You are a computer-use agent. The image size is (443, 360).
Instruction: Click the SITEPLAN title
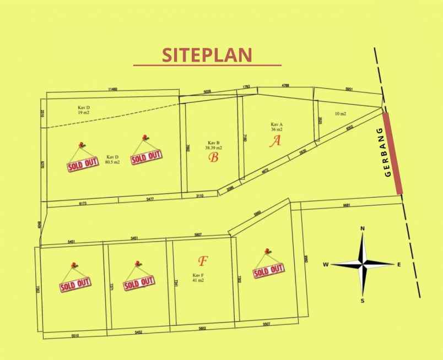[207, 54]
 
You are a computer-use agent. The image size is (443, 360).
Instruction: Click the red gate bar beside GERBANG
[393, 153]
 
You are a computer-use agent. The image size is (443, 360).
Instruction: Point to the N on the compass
[363, 228]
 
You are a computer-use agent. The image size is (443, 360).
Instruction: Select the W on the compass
[326, 265]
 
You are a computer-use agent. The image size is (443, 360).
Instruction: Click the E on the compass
[399, 265]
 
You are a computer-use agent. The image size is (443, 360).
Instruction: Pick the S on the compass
[363, 301]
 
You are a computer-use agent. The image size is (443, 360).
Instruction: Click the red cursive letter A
[275, 141]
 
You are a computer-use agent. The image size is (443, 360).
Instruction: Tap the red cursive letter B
[214, 158]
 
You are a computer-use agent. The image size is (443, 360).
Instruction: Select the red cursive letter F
[202, 260]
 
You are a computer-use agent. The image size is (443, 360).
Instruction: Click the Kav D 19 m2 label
[84, 110]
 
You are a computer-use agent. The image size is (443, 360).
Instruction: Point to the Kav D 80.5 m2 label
[113, 160]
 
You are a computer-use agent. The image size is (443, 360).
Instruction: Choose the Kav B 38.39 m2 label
[214, 145]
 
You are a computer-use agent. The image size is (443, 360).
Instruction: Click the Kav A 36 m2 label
[276, 127]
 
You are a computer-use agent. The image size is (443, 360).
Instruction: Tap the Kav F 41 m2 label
[198, 277]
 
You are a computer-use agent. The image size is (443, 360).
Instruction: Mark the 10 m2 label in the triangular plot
[341, 114]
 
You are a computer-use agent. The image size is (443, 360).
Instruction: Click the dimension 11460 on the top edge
[113, 89]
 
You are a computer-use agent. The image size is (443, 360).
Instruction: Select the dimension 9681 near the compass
[347, 205]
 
